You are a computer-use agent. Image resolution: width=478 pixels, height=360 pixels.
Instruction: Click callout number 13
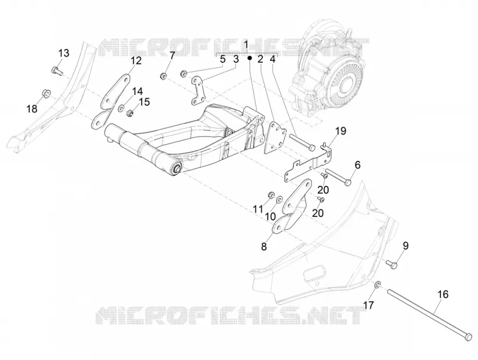point(64,53)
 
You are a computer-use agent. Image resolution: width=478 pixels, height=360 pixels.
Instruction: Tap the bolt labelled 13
point(56,71)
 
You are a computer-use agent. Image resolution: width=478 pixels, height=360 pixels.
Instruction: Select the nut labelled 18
point(46,93)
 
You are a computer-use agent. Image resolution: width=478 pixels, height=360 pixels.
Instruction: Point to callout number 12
point(136,60)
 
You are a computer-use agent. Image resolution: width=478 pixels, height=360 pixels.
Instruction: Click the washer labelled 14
point(121,108)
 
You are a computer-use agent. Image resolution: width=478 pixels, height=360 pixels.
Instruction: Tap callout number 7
point(172,56)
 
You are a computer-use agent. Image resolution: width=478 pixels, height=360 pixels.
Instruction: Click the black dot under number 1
point(249,57)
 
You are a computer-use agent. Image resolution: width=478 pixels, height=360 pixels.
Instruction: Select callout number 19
point(341,131)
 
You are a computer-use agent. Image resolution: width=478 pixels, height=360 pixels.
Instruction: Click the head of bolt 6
point(348,182)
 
